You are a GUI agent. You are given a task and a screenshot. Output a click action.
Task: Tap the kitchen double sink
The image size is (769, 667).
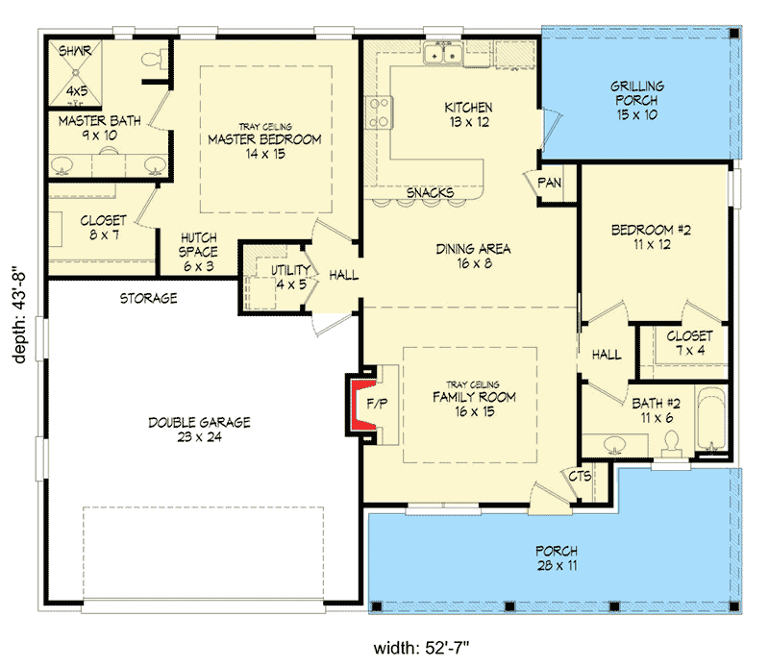443,53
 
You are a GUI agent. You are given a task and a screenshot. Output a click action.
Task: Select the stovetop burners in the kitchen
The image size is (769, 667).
380,112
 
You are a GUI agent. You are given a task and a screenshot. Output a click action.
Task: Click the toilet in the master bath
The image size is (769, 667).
152,60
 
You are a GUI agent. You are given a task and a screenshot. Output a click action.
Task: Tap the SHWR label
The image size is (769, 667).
75,51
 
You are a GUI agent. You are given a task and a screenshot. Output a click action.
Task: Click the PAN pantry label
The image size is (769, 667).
549,183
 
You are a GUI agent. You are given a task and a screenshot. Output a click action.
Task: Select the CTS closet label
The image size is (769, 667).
580,476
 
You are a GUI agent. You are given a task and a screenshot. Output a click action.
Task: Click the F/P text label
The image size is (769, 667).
377,404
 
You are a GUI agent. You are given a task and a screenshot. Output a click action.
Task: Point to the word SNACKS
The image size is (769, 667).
430,193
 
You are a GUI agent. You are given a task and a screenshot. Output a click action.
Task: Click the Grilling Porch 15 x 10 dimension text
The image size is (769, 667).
636,114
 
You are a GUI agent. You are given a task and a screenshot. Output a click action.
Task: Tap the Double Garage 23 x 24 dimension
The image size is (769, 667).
199,437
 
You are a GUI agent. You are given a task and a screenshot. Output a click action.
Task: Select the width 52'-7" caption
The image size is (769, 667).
421,648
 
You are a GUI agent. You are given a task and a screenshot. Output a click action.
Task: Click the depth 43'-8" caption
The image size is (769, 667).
19,314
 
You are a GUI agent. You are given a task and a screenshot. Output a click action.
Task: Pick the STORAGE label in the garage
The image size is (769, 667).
149,298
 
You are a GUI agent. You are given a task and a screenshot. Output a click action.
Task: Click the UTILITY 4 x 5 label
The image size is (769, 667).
291,277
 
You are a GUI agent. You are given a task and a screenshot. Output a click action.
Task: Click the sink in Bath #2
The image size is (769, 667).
614,445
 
